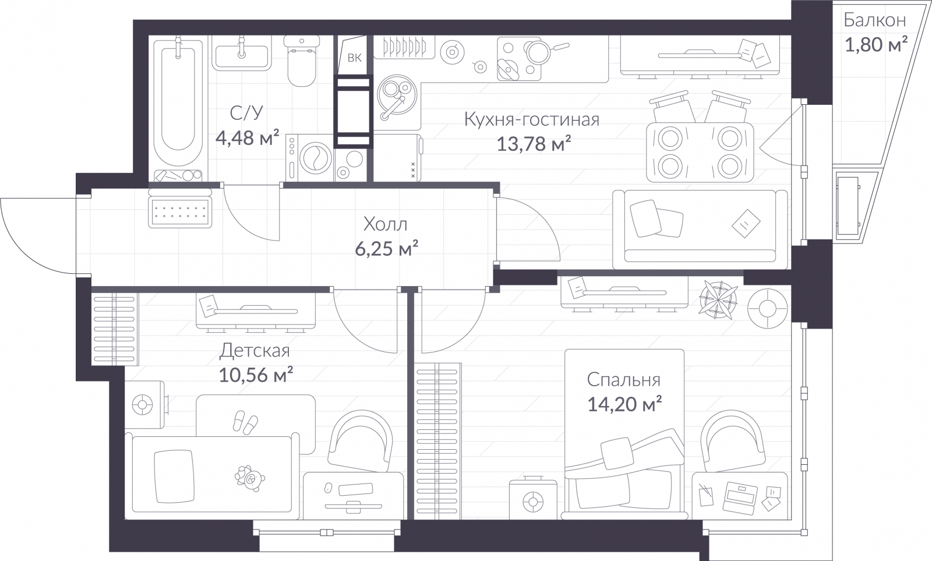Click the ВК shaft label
click(355, 58)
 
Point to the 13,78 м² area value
click(534, 144)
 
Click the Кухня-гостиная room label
click(532, 119)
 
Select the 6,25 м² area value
click(387, 248)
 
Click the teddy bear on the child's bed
click(250, 478)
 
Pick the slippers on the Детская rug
click(245, 422)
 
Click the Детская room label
click(255, 351)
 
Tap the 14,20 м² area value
click(624, 404)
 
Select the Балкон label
click(874, 20)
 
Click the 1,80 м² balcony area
click(876, 44)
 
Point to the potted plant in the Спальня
click(718, 299)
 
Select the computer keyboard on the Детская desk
click(355, 489)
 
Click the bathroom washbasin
click(241, 56)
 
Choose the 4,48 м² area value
click(247, 137)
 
